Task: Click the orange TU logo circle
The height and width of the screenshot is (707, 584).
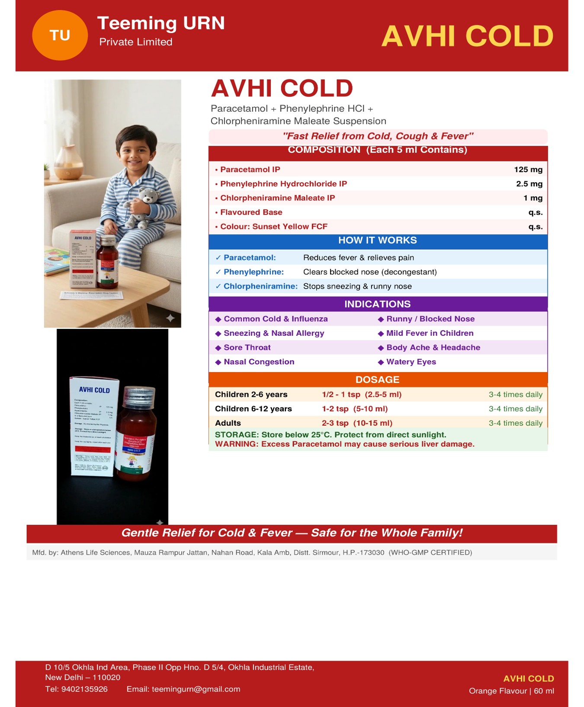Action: point(60,35)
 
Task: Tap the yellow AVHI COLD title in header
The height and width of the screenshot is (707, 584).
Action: point(467,36)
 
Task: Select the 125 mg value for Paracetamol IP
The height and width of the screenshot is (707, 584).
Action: point(528,170)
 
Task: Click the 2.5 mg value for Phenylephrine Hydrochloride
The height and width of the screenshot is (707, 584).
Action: point(529,184)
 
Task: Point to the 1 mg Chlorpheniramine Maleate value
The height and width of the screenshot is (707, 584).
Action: point(533,198)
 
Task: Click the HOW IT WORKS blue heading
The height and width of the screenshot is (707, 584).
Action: point(377,241)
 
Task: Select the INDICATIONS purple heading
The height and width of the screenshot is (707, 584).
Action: point(377,304)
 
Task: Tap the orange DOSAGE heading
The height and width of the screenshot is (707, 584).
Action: point(377,379)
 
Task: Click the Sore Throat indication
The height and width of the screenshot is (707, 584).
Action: point(247,347)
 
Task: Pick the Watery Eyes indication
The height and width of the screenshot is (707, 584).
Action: point(411,362)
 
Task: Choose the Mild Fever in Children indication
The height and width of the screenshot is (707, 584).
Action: point(430,333)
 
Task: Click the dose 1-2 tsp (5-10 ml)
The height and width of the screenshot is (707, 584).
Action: point(354,409)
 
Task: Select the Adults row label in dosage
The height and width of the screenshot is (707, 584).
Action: point(228,423)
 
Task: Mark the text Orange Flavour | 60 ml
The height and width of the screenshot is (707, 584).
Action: point(511,691)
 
